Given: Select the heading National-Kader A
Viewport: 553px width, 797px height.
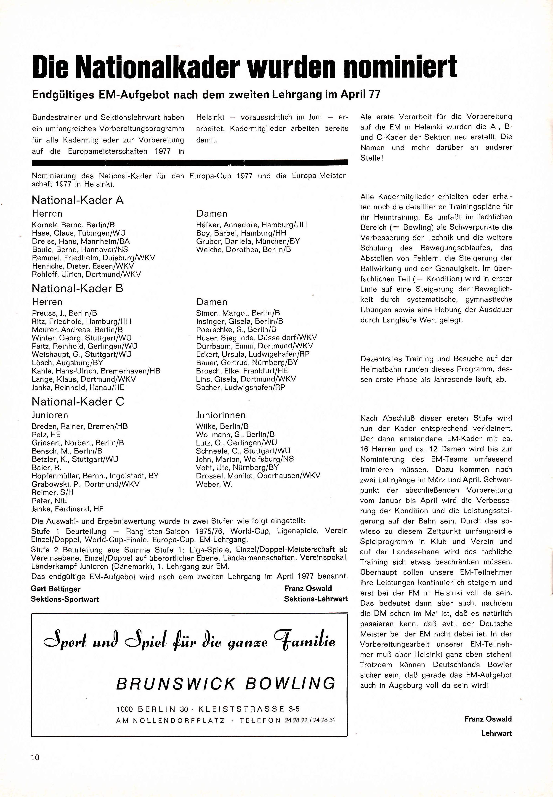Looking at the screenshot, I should tap(78, 200).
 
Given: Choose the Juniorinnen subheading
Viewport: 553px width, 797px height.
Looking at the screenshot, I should tap(221, 415).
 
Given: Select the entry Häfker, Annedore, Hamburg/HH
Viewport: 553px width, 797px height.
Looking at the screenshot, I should tap(251, 225).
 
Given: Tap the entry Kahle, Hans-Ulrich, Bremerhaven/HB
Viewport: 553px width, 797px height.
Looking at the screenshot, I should tap(96, 371).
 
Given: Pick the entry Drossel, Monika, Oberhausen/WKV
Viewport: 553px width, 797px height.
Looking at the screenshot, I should tap(258, 476).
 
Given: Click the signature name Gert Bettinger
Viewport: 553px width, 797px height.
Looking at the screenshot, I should tap(56, 589).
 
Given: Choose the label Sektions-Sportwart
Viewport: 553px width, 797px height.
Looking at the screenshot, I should tap(65, 599).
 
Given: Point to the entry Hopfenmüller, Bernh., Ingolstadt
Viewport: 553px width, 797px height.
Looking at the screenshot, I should tap(95, 476).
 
